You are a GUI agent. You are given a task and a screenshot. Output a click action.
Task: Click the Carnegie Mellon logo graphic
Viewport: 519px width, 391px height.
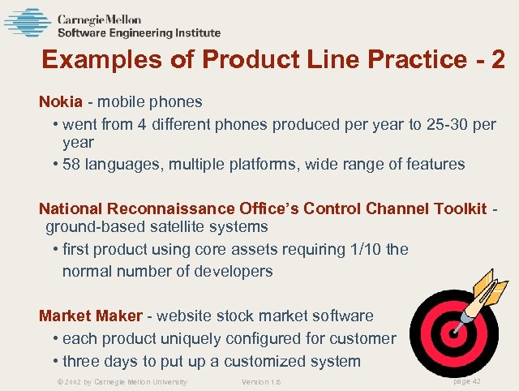coord(28,23)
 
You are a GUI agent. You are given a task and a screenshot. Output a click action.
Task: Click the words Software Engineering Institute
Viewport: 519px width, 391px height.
coord(139,33)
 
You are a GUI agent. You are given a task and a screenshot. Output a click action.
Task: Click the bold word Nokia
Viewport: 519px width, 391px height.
coord(61,102)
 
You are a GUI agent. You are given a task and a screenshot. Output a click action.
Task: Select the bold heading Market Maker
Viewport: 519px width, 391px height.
coord(91,316)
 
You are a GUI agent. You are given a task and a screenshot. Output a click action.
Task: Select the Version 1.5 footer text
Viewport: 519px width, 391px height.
coord(261,381)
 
